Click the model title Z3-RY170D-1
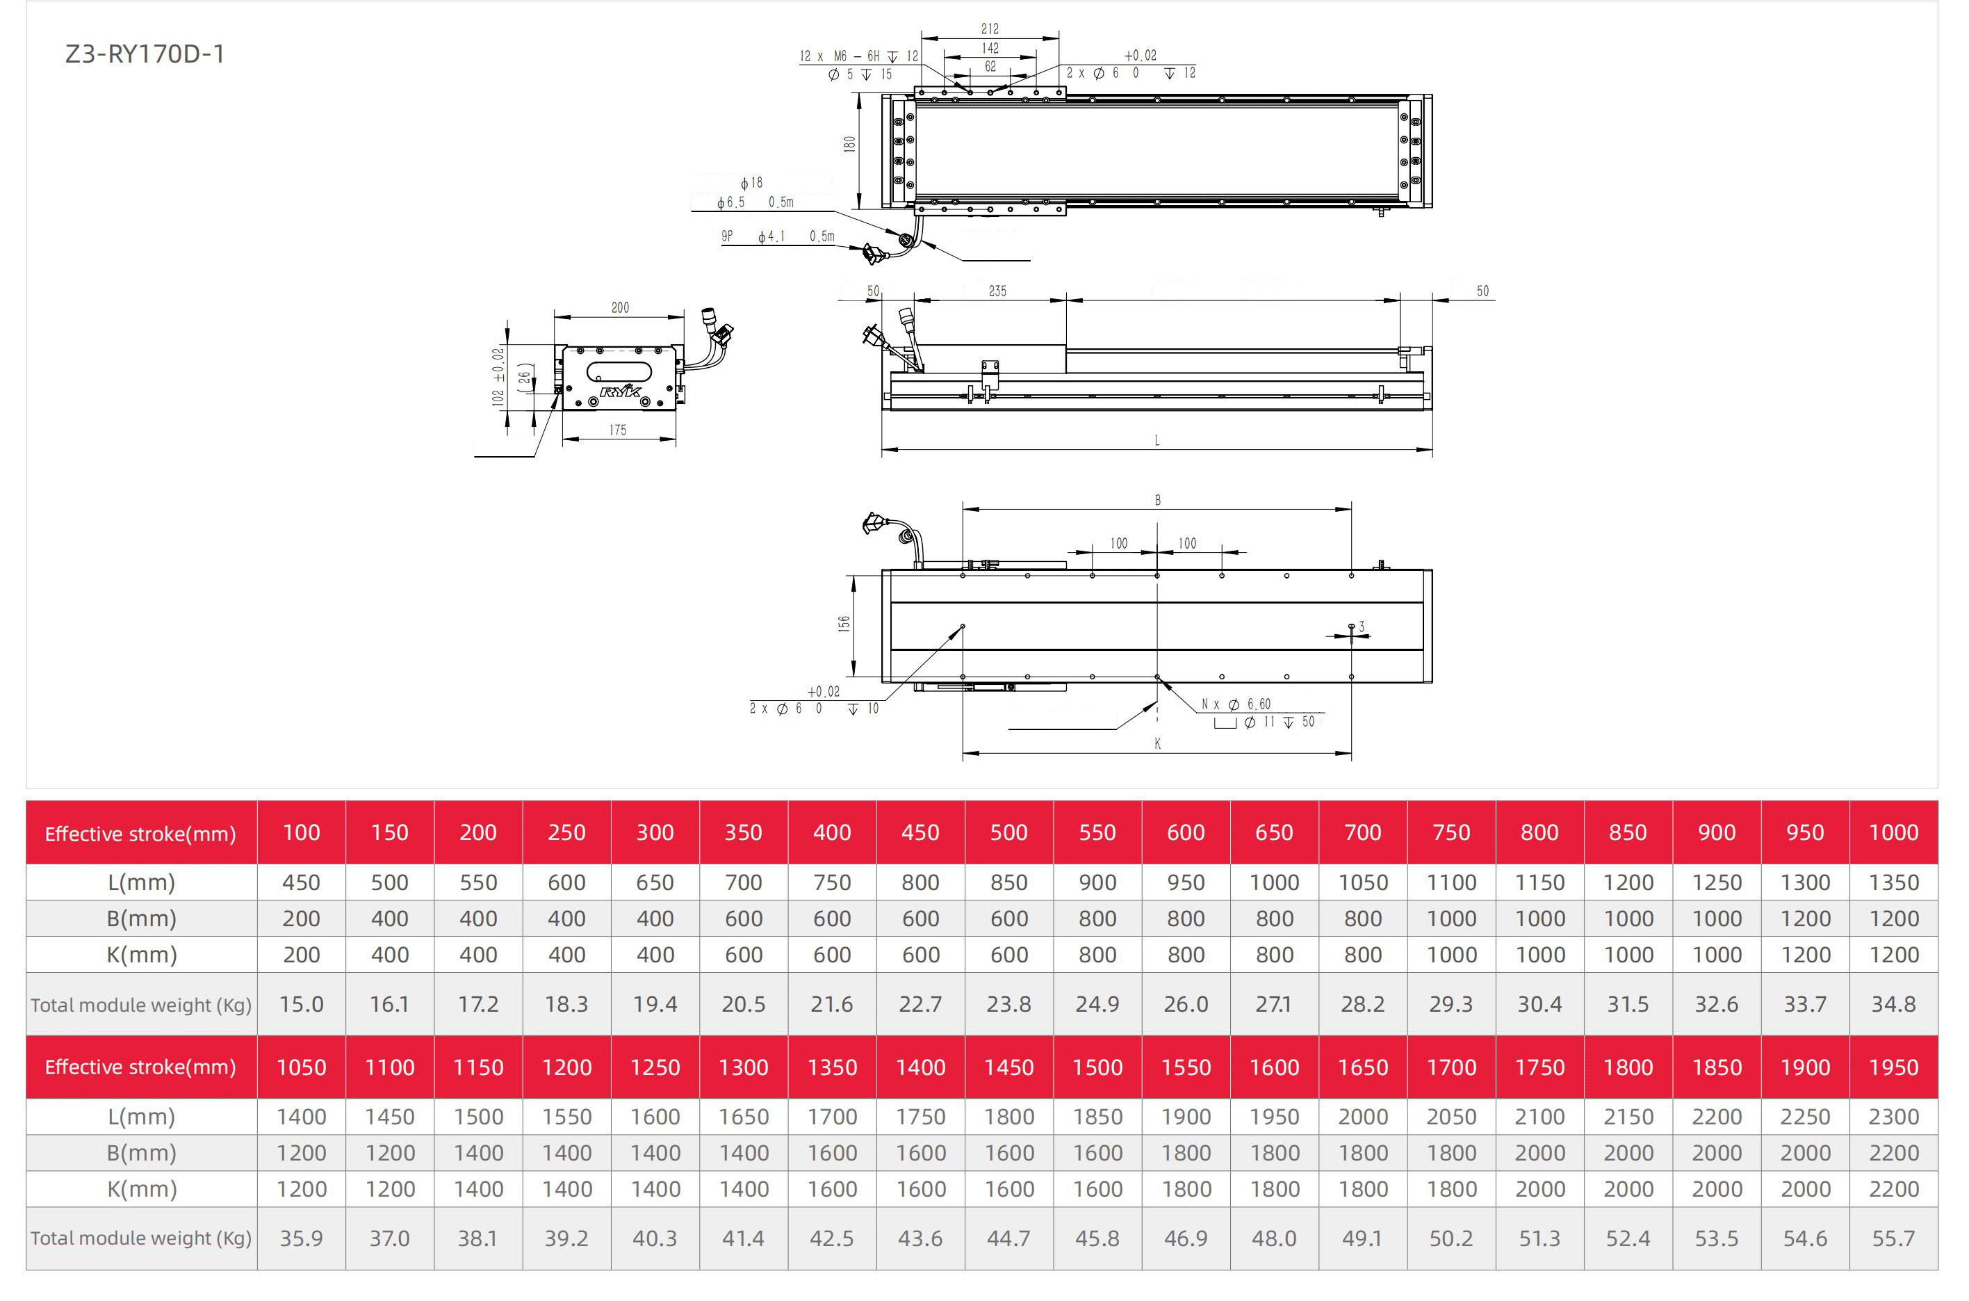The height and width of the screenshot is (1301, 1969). pos(145,54)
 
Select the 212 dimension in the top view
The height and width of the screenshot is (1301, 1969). pos(990,29)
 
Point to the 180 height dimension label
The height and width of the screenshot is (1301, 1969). pos(849,145)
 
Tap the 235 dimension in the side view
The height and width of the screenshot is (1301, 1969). pos(997,291)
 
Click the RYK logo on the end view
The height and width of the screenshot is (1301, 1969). pos(621,391)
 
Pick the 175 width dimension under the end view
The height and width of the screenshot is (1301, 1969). pos(618,430)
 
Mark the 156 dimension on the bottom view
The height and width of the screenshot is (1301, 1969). pos(844,623)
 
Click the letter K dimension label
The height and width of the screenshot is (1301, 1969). pos(1157,743)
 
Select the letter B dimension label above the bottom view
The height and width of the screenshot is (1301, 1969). pos(1158,501)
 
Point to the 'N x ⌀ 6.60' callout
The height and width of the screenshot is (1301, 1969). pos(1236,704)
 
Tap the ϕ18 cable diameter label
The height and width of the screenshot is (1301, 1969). pos(751,183)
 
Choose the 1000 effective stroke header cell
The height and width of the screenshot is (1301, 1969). pos(1893,832)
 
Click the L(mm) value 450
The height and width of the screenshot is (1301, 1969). pos(301,882)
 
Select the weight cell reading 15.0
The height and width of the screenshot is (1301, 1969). pos(301,1004)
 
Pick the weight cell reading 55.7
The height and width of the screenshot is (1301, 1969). pos(1893,1238)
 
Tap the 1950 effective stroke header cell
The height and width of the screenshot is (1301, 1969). pos(1893,1067)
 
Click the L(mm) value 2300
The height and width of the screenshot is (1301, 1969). pos(1893,1117)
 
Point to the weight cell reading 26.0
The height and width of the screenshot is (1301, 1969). pos(1185,1004)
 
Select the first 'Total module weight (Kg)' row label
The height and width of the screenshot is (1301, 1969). pos(141,1005)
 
